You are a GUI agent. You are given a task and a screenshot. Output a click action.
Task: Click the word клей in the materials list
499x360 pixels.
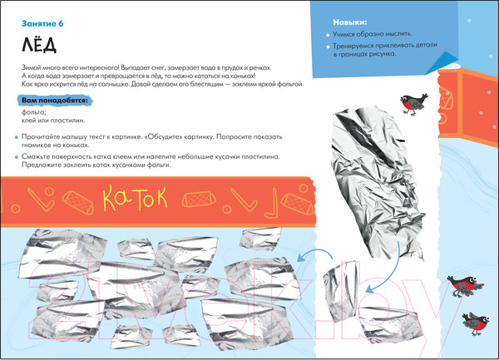(26, 121)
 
